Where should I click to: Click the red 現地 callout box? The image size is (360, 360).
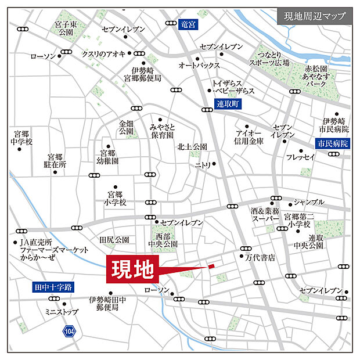[132, 269]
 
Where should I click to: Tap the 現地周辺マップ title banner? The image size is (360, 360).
[314, 15]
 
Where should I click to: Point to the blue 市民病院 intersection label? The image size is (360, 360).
[332, 143]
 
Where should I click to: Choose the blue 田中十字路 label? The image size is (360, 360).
[52, 287]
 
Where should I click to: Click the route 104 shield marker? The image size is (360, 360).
[69, 331]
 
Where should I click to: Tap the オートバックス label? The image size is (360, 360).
[199, 65]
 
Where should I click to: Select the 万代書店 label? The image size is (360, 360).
[260, 257]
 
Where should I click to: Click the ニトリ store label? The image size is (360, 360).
[203, 165]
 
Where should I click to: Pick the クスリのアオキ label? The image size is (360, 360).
[104, 54]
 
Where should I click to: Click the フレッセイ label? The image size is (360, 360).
[301, 157]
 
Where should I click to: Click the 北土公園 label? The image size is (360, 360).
[192, 146]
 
